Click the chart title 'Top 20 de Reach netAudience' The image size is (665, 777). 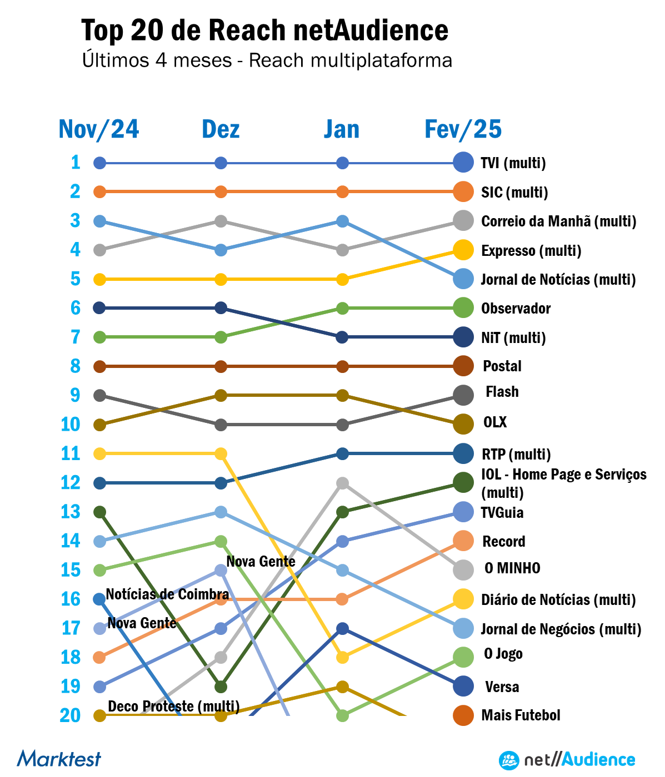click(264, 30)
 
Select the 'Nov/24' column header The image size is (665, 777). click(99, 129)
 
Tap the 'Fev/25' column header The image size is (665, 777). click(463, 129)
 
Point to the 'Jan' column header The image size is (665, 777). click(342, 129)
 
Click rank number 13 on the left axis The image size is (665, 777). click(71, 511)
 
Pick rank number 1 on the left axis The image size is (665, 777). click(76, 162)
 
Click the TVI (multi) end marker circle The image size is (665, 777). click(463, 163)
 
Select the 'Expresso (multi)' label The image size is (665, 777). click(531, 250)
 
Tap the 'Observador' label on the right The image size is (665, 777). click(516, 308)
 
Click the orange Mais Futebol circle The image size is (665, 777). click(463, 715)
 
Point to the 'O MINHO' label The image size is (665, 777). click(512, 568)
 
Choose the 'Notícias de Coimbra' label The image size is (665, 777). click(167, 594)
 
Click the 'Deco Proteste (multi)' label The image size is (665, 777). click(174, 707)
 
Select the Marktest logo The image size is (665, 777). click(59, 759)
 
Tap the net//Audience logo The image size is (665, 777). click(567, 760)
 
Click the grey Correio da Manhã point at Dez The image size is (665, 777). click(221, 221)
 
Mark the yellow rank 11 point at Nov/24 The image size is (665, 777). click(99, 453)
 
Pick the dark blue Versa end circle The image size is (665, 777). click(463, 687)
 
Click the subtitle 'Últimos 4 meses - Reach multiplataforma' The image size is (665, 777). click(267, 60)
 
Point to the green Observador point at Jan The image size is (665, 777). click(342, 308)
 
